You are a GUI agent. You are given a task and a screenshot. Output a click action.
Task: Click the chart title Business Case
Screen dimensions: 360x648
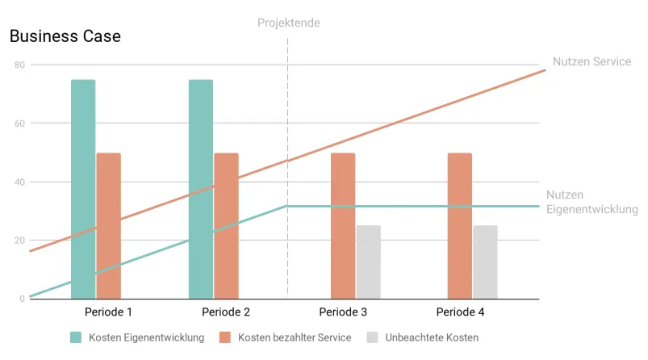[x=65, y=36]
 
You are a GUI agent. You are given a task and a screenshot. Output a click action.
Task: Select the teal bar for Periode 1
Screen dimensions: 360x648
[x=83, y=189]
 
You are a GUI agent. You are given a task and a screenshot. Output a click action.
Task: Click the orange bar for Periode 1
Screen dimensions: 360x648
[x=108, y=226]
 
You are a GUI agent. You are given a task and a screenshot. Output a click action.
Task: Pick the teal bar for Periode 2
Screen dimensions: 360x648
[x=201, y=189]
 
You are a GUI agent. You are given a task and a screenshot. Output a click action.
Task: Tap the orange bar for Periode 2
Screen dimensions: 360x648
[x=226, y=226]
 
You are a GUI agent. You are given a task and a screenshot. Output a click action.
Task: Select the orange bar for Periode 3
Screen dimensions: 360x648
[x=343, y=226]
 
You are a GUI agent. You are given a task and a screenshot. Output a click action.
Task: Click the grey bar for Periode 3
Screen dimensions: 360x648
[x=368, y=262]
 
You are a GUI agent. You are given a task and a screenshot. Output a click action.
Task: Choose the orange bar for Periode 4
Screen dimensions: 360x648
[x=460, y=226]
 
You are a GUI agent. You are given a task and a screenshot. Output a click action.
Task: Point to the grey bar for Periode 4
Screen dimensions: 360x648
[x=485, y=262]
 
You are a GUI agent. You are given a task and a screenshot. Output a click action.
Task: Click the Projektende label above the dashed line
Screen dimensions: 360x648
[x=289, y=23]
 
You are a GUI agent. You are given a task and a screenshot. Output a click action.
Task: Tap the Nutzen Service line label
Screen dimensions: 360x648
[x=592, y=61]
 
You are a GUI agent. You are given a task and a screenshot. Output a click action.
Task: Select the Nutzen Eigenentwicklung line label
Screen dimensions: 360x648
[x=592, y=202]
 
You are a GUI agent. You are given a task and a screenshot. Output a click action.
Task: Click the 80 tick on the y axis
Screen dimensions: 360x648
[x=19, y=65]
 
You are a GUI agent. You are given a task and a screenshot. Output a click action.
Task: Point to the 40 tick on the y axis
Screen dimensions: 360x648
[x=19, y=182]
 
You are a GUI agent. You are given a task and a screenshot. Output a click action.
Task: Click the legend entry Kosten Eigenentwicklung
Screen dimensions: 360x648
[x=146, y=337]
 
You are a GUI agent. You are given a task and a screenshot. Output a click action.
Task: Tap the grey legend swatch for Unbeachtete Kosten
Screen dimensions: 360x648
[x=373, y=337]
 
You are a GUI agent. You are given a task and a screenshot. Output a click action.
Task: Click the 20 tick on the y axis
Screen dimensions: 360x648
[x=19, y=241]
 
